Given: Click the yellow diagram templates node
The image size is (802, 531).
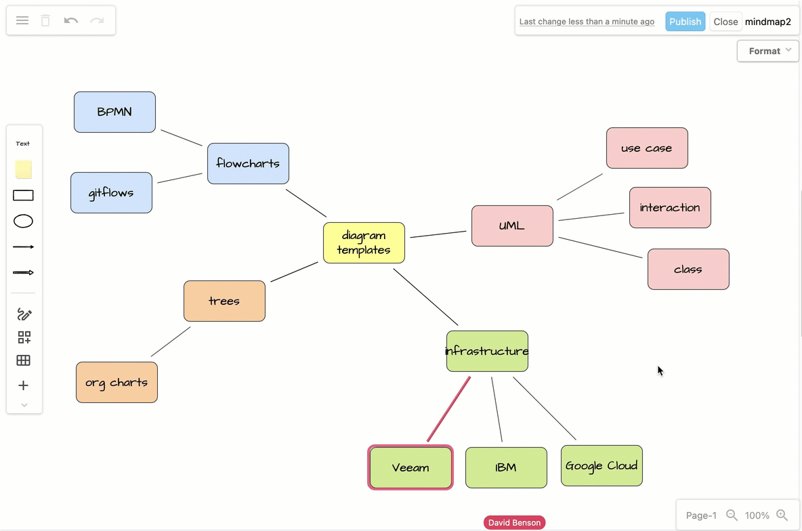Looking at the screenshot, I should (364, 242).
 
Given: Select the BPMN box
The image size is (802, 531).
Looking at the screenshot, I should (114, 112).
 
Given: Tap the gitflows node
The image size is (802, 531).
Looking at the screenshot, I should (111, 192).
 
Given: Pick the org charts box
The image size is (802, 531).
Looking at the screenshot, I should (117, 382).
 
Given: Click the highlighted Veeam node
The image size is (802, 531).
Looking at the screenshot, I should (410, 467).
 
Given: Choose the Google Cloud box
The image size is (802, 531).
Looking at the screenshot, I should (601, 465).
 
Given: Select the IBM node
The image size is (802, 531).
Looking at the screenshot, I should (506, 467).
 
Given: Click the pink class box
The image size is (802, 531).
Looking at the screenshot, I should (688, 269).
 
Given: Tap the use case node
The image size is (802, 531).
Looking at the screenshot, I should (647, 148).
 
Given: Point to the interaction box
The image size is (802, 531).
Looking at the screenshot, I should (670, 207).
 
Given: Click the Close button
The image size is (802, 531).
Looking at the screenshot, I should (725, 22).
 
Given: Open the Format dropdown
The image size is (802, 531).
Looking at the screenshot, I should (768, 51).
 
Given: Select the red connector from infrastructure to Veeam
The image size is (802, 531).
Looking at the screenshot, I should (448, 409).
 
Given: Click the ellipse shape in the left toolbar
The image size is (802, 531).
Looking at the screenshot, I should (24, 221).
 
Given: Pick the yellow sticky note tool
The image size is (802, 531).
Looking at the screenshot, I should (24, 169).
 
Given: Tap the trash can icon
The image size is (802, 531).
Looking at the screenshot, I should (45, 20).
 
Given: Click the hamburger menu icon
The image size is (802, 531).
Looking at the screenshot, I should (22, 20).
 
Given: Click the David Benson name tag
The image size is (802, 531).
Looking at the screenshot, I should (514, 522).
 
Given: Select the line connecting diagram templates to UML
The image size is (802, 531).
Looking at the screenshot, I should (438, 234).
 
